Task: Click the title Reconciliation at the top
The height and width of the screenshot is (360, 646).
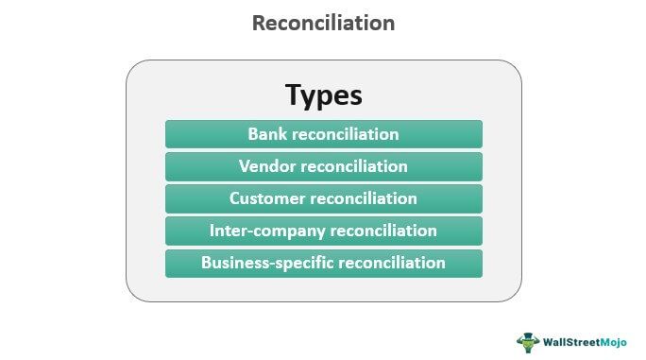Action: pos(323,24)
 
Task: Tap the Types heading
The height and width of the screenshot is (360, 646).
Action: pos(323,95)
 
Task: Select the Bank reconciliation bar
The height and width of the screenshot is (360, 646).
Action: pos(323,134)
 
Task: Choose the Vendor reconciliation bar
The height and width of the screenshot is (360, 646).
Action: pos(323,166)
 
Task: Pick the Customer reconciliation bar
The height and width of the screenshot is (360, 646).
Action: pos(323,198)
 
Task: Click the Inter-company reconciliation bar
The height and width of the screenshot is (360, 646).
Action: pos(323,231)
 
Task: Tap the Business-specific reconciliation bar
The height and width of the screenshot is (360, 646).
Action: pos(323,263)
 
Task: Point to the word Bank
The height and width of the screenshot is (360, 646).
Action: pos(268,134)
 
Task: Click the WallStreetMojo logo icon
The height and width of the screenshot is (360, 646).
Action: pos(527,341)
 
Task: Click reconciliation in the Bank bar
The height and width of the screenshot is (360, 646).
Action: pos(346,134)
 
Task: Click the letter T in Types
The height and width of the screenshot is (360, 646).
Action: pos(295,95)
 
